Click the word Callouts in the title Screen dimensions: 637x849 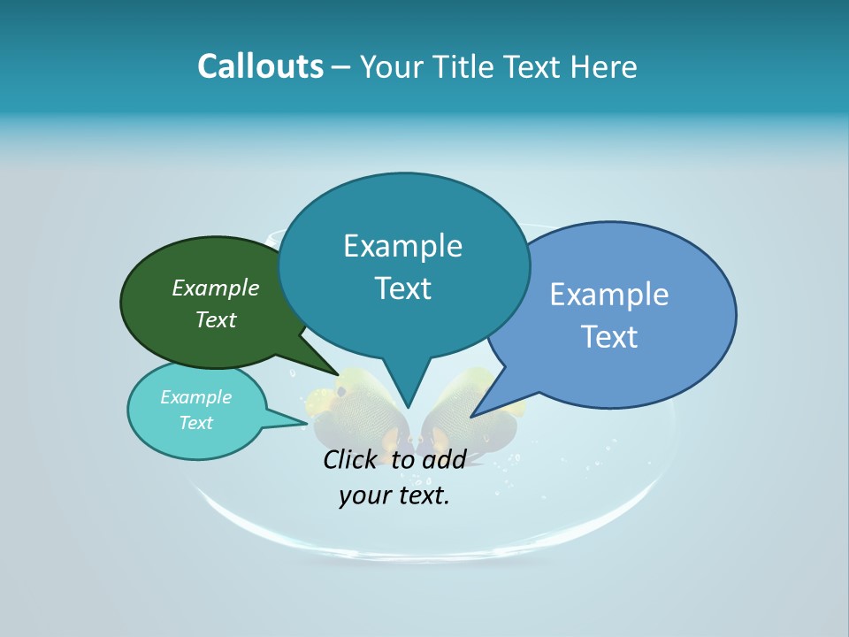pos(260,66)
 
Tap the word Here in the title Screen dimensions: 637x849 pos(603,66)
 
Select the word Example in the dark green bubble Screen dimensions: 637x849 pos(216,288)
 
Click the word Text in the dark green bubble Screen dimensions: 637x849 pos(216,319)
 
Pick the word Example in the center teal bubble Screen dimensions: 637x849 pos(402,246)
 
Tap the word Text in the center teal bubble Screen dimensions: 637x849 pos(402,288)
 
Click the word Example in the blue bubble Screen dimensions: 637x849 pos(609,294)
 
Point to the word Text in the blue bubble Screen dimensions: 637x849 pos(609,336)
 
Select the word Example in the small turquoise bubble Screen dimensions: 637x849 pos(195,397)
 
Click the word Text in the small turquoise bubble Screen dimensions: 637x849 pos(195,423)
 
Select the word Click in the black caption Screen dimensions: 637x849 pos(351,459)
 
